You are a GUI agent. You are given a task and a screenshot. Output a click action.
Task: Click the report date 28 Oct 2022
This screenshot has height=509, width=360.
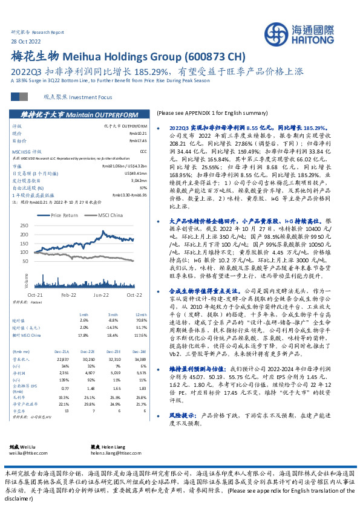pos(26,41)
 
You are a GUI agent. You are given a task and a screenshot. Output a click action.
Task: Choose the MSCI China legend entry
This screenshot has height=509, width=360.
pos(109,215)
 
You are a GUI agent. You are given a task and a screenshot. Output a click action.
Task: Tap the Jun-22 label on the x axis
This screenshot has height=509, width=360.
pos(101,294)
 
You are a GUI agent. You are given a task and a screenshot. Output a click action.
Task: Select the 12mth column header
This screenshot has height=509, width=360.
pos(140,315)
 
